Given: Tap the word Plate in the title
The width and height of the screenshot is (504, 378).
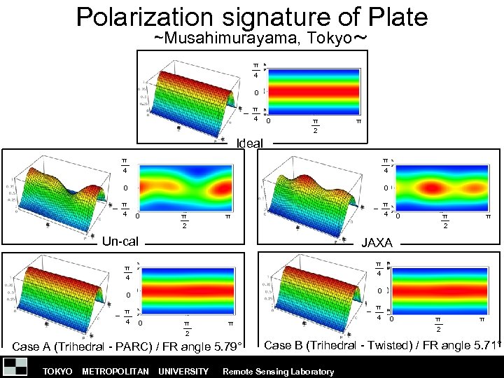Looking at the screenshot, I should [x=396, y=16].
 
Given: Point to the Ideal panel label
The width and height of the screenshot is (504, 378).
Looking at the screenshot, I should [x=250, y=143].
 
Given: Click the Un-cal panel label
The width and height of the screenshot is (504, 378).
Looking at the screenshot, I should [x=120, y=241].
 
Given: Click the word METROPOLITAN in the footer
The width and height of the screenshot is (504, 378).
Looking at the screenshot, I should [x=115, y=371].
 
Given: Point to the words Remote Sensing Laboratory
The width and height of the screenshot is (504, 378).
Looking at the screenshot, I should [x=278, y=371].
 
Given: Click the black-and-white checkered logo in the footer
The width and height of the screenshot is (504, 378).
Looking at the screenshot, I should [x=15, y=367].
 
